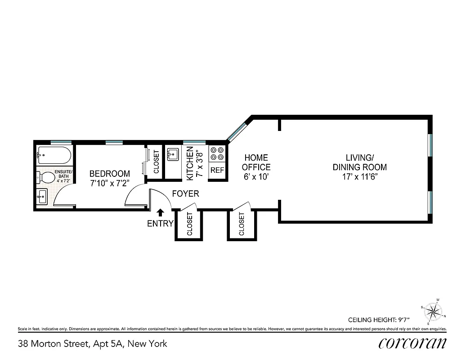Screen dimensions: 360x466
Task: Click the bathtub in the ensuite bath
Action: tap(54, 156)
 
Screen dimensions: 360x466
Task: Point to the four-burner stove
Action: tap(217, 154)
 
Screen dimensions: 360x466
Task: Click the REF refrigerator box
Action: tap(217, 171)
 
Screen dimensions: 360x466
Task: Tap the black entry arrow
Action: tap(160, 213)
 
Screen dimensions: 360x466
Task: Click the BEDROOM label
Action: tap(109, 174)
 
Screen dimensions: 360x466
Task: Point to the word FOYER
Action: tap(185, 194)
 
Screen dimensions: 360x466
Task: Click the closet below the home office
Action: tap(242, 224)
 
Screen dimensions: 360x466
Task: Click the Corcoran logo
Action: tap(412, 343)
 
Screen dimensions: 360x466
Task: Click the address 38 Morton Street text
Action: tap(92, 344)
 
